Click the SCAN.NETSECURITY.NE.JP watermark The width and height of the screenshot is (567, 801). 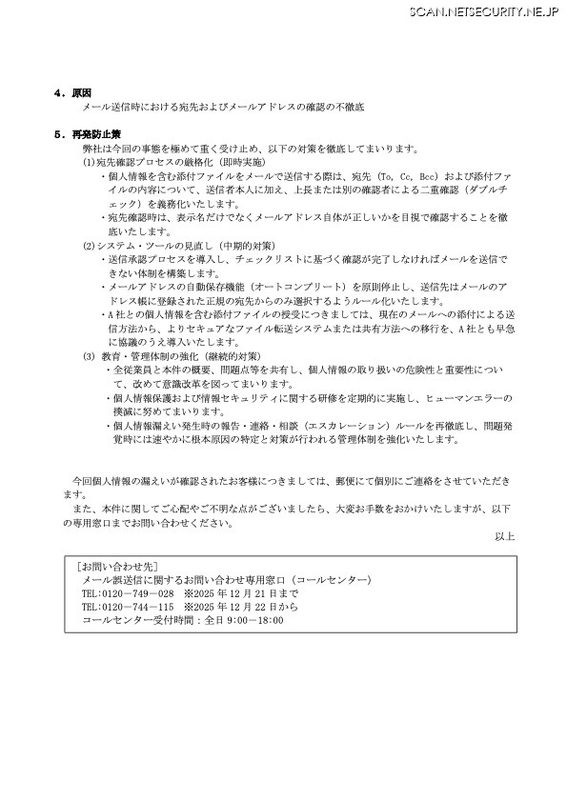[486, 10]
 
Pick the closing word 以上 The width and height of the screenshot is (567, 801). [503, 537]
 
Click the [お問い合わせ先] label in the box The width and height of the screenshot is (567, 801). [111, 565]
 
